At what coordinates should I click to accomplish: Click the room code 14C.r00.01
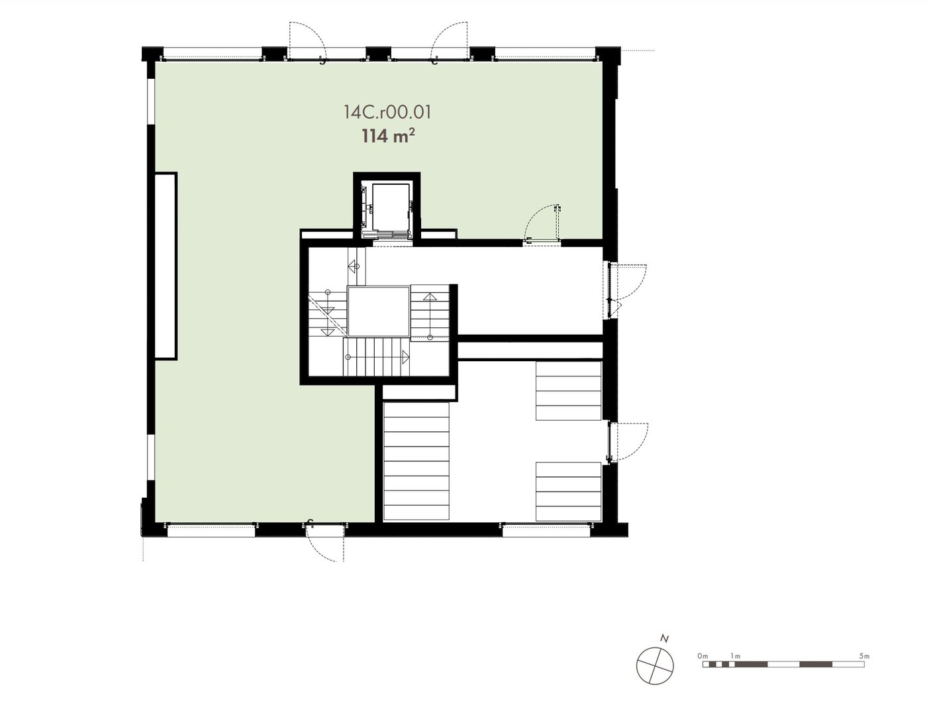(387, 112)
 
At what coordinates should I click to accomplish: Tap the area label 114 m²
(388, 136)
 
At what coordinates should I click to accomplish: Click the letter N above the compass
(663, 639)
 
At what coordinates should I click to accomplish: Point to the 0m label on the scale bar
(702, 655)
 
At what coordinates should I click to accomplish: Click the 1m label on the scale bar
(735, 655)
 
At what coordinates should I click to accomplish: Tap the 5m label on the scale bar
(864, 655)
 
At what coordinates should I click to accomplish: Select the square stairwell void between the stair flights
(378, 312)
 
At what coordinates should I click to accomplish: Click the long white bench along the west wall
(165, 266)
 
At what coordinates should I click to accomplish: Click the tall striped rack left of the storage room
(416, 461)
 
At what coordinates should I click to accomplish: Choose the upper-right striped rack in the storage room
(569, 391)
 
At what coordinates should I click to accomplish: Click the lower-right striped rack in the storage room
(569, 492)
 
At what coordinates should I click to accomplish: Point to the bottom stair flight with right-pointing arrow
(377, 357)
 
